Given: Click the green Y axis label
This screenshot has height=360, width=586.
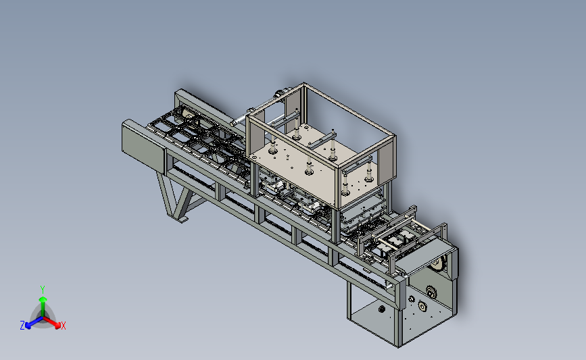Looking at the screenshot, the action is (43, 290).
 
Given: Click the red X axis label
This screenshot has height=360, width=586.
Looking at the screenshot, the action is (63, 326).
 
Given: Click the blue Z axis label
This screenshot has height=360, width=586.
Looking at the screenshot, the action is (22, 326).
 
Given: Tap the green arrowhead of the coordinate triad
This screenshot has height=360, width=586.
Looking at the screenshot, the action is (43, 299).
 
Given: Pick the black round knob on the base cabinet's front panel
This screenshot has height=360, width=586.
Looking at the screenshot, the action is (382, 309).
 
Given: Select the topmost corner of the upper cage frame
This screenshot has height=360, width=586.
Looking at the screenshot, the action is (303, 83).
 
